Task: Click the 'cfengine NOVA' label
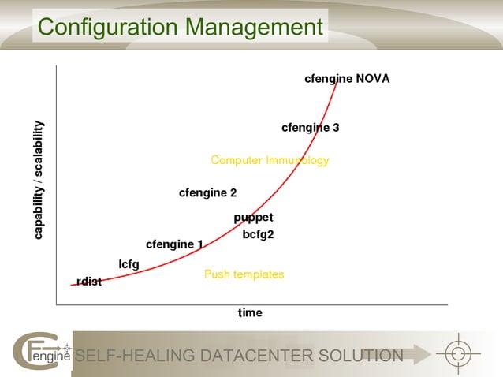347,79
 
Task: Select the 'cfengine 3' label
310,128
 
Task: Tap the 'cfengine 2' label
207,192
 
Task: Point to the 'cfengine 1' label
174,244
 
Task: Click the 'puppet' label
253,218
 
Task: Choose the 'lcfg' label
129,264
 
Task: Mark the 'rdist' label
89,282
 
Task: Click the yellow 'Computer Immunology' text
270,161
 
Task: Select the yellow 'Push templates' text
244,274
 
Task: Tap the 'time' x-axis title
250,313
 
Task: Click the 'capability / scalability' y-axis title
39,181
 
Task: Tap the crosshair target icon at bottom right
458,354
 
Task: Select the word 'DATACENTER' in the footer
257,356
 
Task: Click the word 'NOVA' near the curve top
372,79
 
